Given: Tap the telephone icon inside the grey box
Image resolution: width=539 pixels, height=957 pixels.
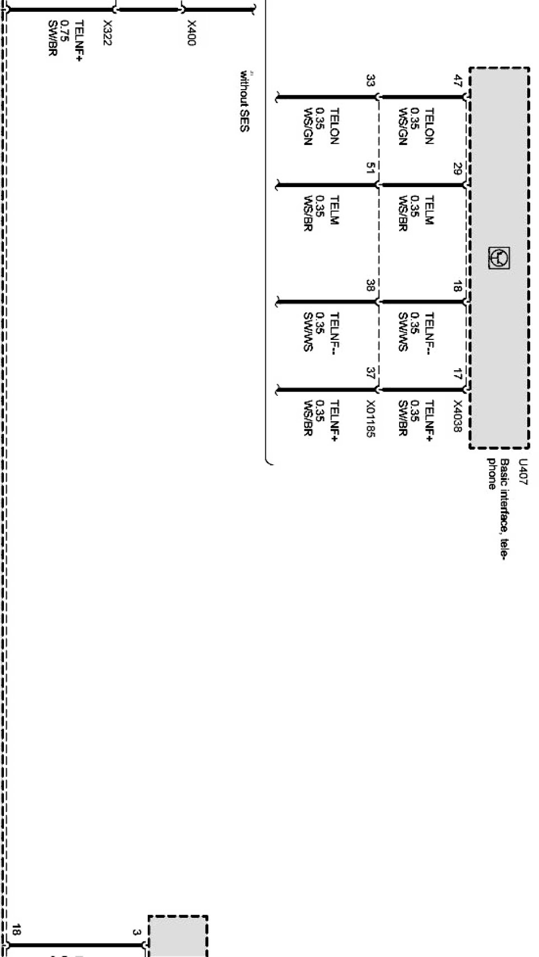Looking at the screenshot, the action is [499, 258].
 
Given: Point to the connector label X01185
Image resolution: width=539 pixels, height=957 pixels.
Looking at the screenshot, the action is [370, 418].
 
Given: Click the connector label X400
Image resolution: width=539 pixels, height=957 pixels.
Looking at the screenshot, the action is [191, 33].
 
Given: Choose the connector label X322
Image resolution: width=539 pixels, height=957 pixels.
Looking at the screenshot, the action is [107, 33].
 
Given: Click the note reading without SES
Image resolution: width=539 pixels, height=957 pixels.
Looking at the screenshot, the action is [244, 101].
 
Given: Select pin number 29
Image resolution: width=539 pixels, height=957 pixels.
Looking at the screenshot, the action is [457, 168].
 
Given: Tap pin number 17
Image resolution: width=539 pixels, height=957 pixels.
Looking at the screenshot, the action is [457, 373].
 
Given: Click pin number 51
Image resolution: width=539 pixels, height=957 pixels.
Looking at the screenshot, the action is [370, 168].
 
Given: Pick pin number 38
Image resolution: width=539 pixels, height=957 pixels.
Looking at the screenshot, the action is [370, 285].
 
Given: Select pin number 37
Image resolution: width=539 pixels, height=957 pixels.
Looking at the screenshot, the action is [370, 373].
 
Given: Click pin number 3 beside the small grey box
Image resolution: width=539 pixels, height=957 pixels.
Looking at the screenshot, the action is [136, 932].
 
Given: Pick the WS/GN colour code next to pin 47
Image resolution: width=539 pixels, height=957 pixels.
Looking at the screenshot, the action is [402, 127].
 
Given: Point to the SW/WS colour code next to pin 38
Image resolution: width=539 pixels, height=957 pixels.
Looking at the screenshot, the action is [308, 332].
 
